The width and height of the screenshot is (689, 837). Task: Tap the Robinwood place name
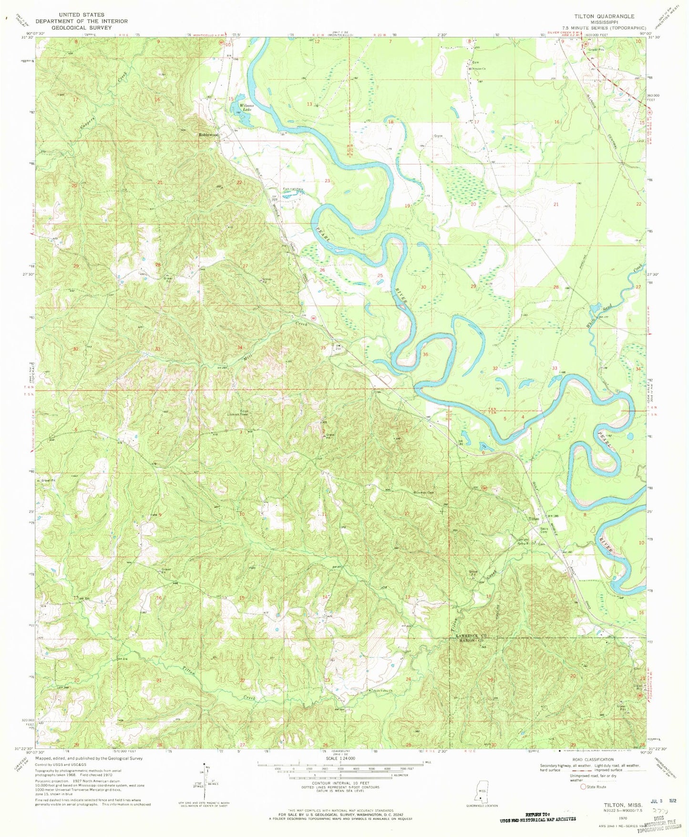click(x=208, y=135)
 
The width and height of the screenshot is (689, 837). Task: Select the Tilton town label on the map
click(x=533, y=519)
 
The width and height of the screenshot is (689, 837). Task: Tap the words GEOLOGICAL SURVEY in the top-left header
click(x=82, y=28)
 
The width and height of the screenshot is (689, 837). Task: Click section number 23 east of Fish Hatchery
click(x=327, y=181)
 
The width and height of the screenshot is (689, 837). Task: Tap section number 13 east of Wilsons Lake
click(x=309, y=104)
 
